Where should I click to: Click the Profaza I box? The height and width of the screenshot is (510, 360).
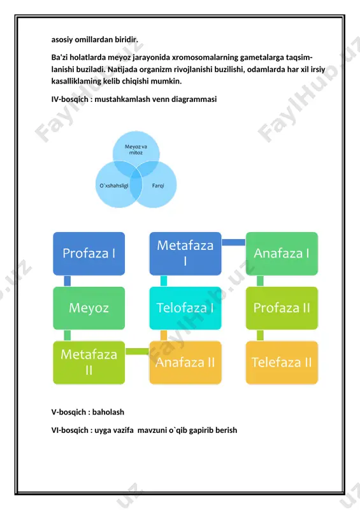pyautogui.click(x=89, y=253)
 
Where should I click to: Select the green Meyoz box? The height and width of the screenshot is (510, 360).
pyautogui.click(x=89, y=308)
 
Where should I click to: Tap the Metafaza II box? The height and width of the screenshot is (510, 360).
pyautogui.click(x=89, y=362)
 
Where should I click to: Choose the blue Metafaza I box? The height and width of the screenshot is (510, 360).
pyautogui.click(x=185, y=253)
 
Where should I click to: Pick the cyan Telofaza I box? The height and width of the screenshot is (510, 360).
pyautogui.click(x=185, y=308)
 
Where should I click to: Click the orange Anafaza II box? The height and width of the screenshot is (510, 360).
pyautogui.click(x=185, y=362)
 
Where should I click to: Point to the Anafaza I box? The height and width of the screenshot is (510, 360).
pyautogui.click(x=282, y=253)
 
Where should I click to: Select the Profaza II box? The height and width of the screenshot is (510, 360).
pyautogui.click(x=282, y=308)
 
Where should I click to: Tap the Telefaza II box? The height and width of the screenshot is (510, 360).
pyautogui.click(x=282, y=362)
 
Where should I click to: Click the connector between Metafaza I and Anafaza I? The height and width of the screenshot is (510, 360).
pyautogui.click(x=233, y=242)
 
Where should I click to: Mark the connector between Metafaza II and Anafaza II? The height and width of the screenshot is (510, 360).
pyautogui.click(x=137, y=351)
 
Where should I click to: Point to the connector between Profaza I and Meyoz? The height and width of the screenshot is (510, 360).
pyautogui.click(x=68, y=281)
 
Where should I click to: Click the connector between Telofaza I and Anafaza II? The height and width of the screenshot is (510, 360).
pyautogui.click(x=164, y=335)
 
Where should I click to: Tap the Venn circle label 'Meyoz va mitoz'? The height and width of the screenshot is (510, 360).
pyautogui.click(x=136, y=150)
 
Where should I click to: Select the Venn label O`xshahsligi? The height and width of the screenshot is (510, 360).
pyautogui.click(x=114, y=186)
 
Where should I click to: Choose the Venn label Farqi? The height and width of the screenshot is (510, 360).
pyautogui.click(x=158, y=186)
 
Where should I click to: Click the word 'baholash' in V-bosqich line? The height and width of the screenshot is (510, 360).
pyautogui.click(x=108, y=412)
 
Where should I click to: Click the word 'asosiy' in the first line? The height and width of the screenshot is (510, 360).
pyautogui.click(x=62, y=40)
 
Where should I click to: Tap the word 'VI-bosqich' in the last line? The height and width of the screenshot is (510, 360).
pyautogui.click(x=69, y=430)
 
